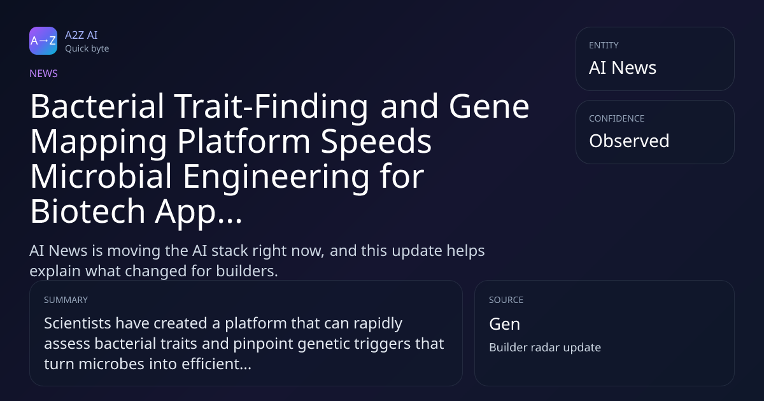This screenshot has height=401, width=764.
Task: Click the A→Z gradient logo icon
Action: tap(43, 41)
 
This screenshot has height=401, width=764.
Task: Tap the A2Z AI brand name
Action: tap(81, 35)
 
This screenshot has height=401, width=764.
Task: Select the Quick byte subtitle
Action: tap(87, 49)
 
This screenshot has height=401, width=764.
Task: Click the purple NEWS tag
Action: tap(44, 74)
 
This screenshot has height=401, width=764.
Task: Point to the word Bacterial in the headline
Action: tap(97, 106)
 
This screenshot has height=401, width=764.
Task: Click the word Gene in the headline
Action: tap(489, 106)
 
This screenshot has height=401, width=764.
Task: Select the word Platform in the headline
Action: tap(243, 141)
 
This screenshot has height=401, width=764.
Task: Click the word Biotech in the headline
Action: tap(88, 211)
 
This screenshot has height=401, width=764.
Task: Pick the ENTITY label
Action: tap(604, 45)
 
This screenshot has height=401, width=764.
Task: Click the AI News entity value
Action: tap(623, 67)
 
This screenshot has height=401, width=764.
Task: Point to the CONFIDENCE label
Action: tap(617, 118)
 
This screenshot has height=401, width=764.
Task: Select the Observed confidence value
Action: tap(629, 141)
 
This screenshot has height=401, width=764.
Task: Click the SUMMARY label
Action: tap(66, 300)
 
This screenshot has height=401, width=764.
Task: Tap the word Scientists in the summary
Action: tap(78, 323)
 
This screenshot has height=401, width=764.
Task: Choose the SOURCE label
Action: tap(506, 300)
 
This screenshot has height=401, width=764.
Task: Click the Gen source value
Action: tap(504, 324)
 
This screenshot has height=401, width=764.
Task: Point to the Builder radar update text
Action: tap(545, 348)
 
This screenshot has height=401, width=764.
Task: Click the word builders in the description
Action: tap(247, 271)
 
